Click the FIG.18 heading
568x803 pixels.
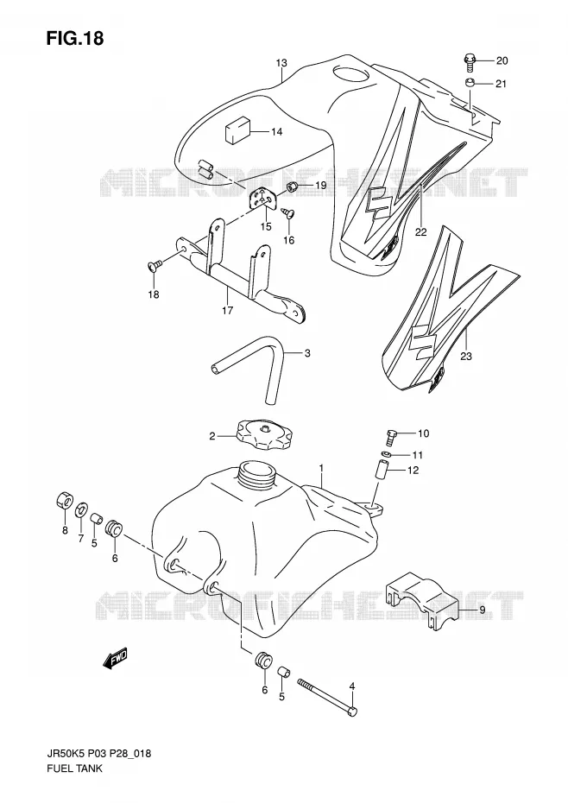[74, 38]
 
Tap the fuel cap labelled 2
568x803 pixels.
[264, 434]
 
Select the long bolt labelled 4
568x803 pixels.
[327, 694]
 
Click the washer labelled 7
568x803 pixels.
[81, 510]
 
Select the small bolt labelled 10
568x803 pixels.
[391, 438]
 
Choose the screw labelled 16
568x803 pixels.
[289, 212]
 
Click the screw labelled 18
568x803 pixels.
[155, 265]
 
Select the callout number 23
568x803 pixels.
[465, 357]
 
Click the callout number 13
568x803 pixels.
[281, 63]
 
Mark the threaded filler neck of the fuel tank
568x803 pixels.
[259, 474]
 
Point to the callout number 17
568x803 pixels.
[227, 310]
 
